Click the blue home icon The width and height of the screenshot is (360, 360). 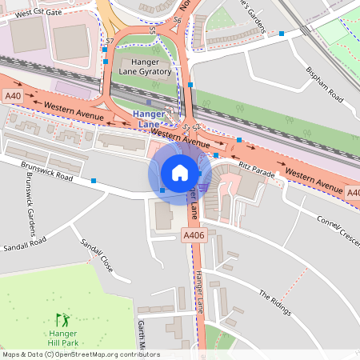click(180, 172)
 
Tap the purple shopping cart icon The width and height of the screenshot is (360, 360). click(204, 187)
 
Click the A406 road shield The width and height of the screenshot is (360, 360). click(194, 235)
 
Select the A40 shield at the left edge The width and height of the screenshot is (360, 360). click(12, 96)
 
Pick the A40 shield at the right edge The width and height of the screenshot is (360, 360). click(353, 193)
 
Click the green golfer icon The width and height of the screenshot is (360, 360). click(62, 319)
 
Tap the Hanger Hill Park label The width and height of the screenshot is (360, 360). click(62, 338)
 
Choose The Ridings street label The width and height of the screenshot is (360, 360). click(274, 305)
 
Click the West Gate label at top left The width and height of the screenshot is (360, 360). click(38, 13)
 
